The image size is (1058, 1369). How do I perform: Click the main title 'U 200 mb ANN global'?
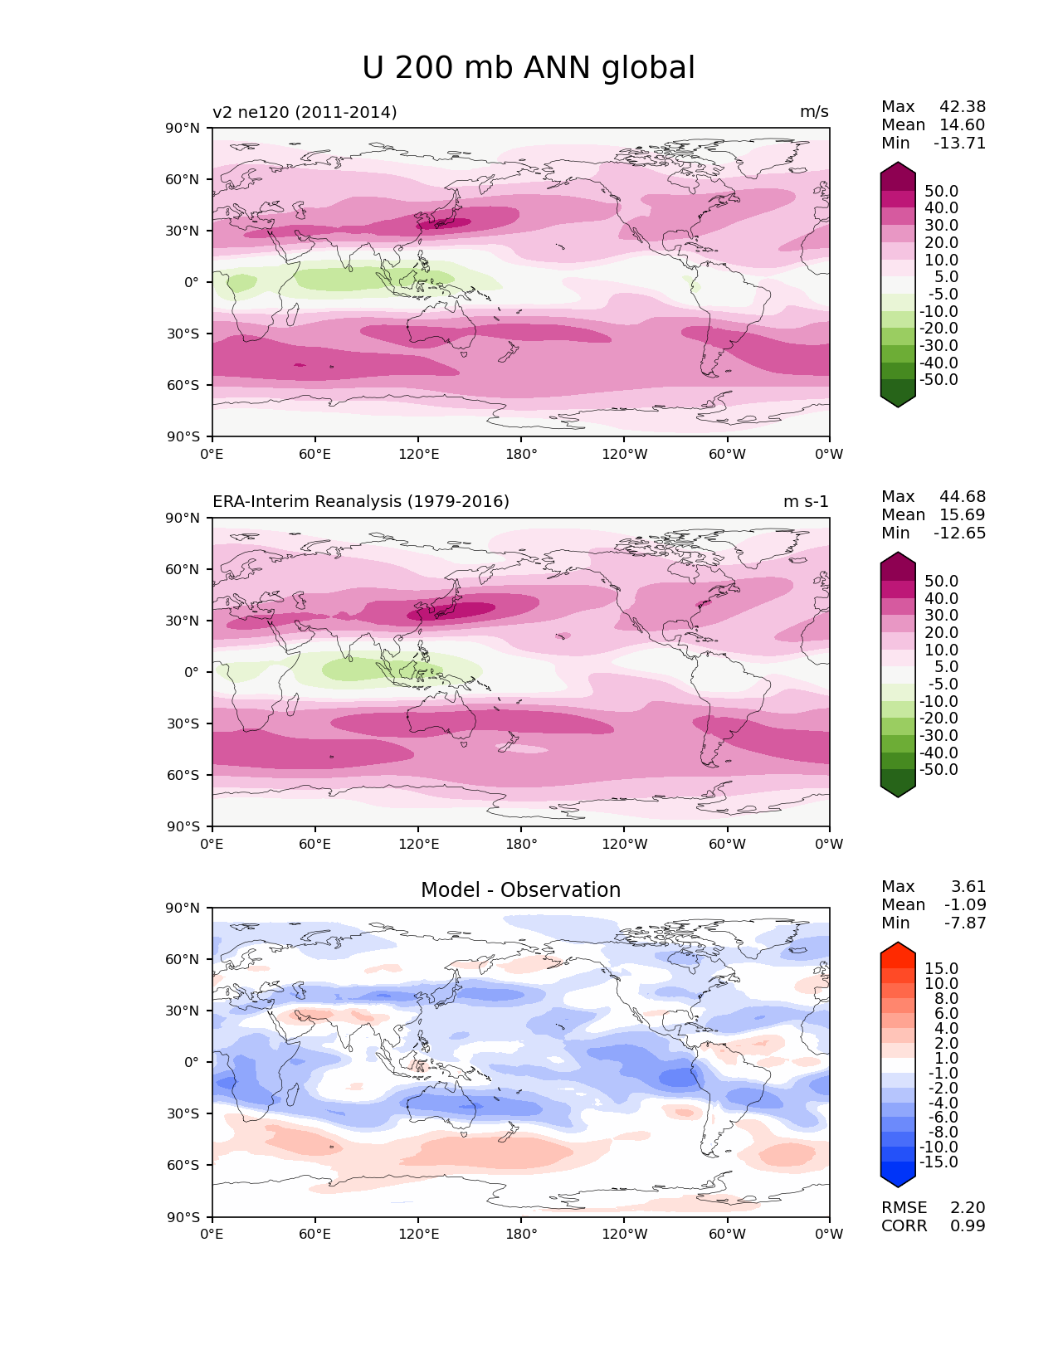click(528, 68)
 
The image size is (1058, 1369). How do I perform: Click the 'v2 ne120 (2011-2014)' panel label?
click(305, 112)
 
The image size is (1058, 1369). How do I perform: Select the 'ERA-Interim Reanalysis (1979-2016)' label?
click(360, 501)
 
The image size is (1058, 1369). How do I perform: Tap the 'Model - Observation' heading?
click(520, 890)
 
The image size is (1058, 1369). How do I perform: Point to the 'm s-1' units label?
click(805, 501)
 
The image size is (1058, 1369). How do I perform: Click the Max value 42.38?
click(963, 106)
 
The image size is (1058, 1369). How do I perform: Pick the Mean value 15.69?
click(963, 514)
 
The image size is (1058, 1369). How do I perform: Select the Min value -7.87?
click(965, 923)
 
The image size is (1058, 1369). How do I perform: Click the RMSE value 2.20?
click(968, 1207)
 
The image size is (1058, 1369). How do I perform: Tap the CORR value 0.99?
click(968, 1225)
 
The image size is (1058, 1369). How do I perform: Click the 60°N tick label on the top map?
click(183, 179)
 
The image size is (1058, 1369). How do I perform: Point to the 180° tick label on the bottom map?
click(521, 1234)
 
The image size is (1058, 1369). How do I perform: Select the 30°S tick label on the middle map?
click(183, 723)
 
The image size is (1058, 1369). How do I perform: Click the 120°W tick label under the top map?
click(625, 454)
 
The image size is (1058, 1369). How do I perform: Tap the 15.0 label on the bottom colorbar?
click(942, 968)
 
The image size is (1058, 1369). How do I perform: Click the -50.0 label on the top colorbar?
click(939, 379)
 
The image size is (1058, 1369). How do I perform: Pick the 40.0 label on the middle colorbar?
click(942, 598)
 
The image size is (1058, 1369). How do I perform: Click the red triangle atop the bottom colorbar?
click(897, 951)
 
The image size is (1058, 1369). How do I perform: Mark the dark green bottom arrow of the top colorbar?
click(897, 398)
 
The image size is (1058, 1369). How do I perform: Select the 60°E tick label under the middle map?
click(315, 844)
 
